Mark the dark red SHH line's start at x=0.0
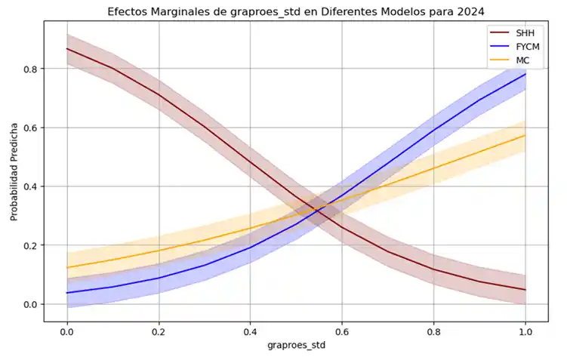pos(67,49)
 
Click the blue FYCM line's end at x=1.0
pos(525,74)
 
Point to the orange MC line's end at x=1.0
pos(525,135)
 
